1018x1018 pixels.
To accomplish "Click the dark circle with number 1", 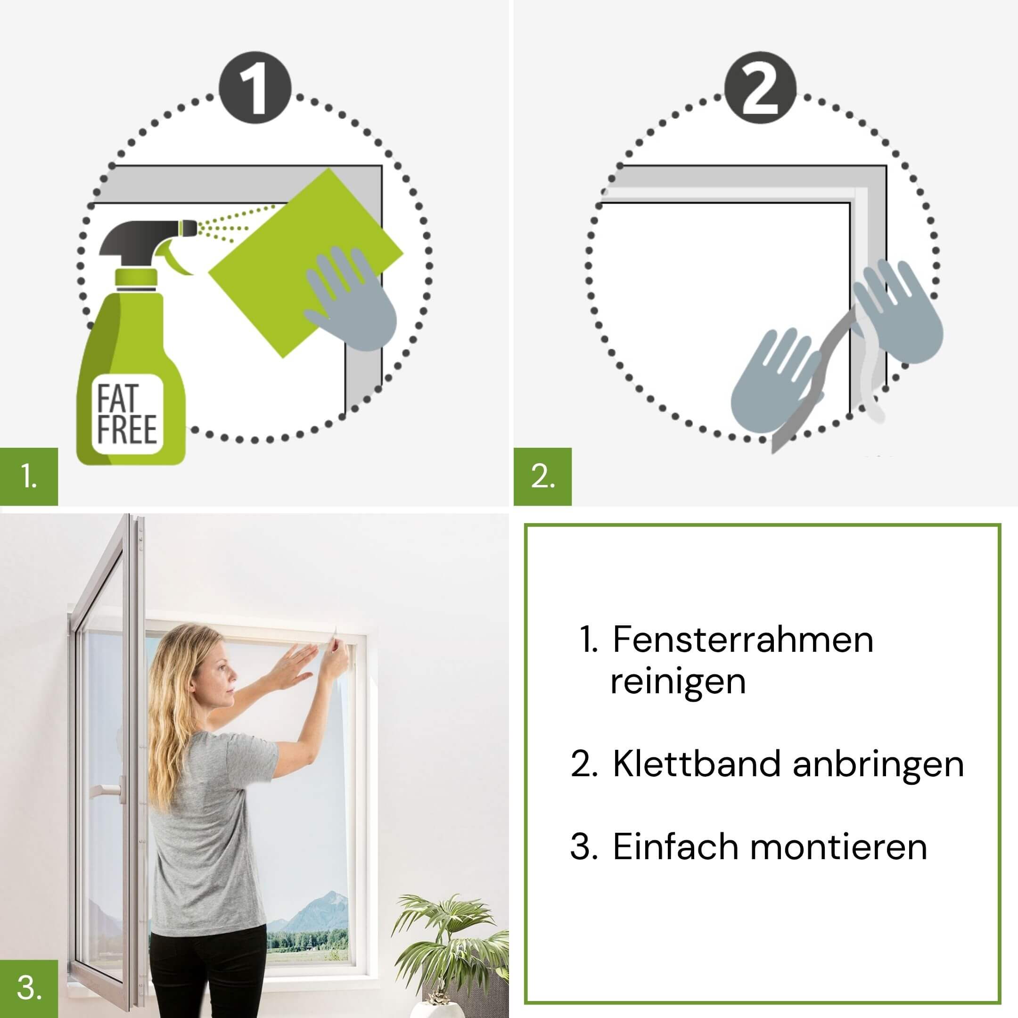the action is pos(254,88).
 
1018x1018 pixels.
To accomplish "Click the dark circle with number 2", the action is pos(760,88).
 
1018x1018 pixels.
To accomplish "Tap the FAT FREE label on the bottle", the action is pos(127,414).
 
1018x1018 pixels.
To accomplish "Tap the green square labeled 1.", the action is pos(29,476).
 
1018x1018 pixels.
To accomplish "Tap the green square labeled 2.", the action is pos(543,476).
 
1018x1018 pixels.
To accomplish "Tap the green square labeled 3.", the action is pos(29,989).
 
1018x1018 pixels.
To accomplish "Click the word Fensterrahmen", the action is pos(743,640).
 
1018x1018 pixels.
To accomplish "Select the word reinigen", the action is pos(678,682).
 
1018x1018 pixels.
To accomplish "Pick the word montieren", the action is pos(839,847).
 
